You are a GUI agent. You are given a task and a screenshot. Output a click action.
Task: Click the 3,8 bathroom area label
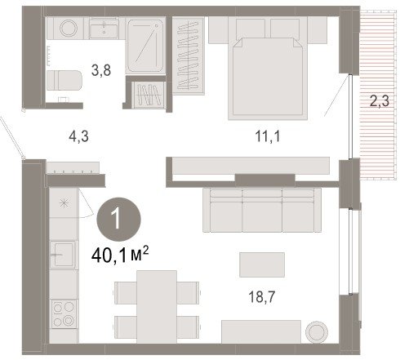click(101, 71)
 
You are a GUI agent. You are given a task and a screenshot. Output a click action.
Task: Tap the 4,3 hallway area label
click(78, 136)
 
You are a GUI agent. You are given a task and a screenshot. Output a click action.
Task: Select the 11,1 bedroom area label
click(268, 136)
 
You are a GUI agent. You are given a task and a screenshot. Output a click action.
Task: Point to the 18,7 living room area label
click(262, 297)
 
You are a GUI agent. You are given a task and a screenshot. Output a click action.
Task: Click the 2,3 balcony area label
click(380, 101)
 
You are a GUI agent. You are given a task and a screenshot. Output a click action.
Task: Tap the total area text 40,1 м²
click(120, 255)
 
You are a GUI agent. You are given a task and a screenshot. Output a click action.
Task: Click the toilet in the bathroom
click(64, 80)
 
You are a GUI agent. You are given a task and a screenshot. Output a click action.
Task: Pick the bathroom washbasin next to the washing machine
click(104, 28)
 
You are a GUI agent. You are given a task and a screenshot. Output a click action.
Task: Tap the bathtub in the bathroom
click(145, 45)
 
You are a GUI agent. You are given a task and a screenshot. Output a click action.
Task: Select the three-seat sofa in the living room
click(262, 210)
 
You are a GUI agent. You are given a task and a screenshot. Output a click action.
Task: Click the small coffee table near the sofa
click(262, 264)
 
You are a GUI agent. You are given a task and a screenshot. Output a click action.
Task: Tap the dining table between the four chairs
click(157, 307)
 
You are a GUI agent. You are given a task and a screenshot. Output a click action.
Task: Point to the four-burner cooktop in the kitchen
click(64, 314)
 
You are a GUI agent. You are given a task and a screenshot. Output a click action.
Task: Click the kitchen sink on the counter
click(63, 255)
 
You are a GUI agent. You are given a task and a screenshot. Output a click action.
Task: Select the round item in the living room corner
click(317, 331)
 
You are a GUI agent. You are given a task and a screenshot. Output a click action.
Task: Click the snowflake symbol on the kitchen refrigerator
click(64, 203)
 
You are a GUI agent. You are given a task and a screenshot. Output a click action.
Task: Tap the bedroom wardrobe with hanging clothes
click(189, 56)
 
